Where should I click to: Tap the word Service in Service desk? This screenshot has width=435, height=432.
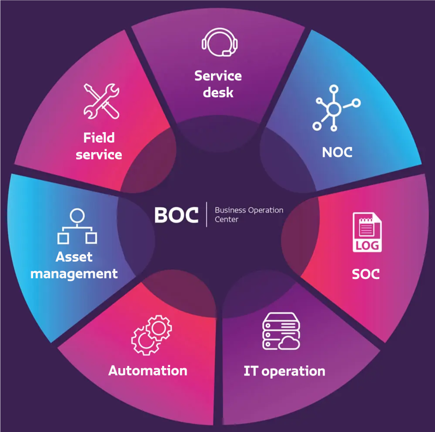tap(218, 76)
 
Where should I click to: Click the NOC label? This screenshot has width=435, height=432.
tap(337, 152)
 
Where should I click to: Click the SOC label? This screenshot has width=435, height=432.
tap(365, 274)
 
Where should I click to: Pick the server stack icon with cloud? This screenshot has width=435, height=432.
tap(281, 333)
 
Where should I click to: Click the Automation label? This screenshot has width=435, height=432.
tap(148, 371)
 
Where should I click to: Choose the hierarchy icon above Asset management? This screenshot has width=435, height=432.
tap(77, 226)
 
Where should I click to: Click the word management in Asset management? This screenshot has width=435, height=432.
tap(74, 274)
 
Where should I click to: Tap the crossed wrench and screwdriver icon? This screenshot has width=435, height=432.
tap(101, 102)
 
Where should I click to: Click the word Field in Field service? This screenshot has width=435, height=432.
tap(99, 138)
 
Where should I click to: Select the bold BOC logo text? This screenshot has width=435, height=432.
tap(176, 215)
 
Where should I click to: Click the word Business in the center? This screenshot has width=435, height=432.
tap(231, 210)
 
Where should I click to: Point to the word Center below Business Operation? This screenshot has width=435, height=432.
tap(227, 219)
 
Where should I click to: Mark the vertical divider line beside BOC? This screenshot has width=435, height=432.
tap(207, 215)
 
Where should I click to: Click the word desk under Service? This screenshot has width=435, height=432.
tap(218, 93)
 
